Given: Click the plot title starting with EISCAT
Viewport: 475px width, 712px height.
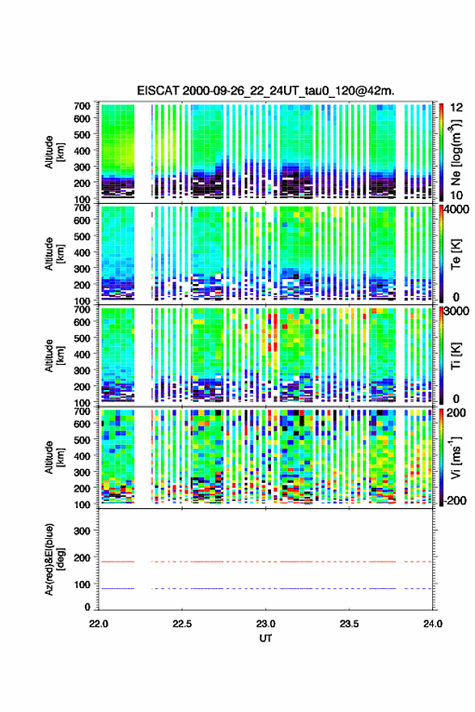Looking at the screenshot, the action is click(265, 91).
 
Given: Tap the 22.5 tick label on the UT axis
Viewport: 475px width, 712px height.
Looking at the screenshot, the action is click(181, 624).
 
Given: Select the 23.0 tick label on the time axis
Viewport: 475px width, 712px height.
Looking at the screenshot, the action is click(265, 624).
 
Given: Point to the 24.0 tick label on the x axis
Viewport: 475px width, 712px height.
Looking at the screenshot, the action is click(432, 624).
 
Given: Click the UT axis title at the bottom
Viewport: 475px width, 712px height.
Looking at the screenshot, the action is click(265, 638).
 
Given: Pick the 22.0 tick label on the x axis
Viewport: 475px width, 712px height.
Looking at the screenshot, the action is click(99, 624).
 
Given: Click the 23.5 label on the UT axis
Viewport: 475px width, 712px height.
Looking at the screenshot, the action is click(349, 624).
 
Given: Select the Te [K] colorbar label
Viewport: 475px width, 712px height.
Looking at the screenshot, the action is click(456, 254).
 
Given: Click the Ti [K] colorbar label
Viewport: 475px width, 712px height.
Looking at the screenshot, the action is click(456, 355).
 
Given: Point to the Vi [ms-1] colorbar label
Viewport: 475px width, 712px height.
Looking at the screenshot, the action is click(456, 457).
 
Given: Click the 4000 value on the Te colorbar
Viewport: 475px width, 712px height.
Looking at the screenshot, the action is click(457, 210).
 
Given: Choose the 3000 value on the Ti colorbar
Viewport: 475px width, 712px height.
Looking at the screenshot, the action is click(457, 311).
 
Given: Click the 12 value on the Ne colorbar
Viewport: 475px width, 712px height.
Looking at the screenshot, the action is click(456, 108).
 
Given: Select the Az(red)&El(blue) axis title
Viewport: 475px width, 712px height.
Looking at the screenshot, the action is click(54, 559).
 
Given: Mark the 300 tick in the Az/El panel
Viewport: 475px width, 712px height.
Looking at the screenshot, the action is click(82, 531).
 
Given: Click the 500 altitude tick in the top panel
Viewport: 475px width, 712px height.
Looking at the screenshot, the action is click(82, 134).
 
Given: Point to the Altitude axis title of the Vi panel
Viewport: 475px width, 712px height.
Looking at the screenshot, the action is click(54, 457).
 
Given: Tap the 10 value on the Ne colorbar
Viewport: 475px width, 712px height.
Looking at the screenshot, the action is click(456, 195).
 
